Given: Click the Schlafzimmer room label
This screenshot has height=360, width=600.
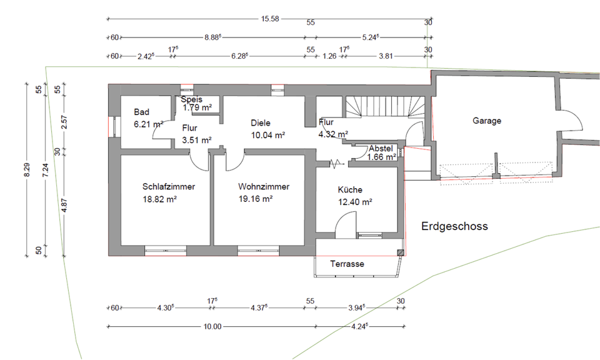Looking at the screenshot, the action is [x=169, y=187].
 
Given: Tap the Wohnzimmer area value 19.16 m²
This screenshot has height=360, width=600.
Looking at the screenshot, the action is [x=256, y=199].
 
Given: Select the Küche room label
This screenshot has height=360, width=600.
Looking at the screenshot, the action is [x=350, y=190].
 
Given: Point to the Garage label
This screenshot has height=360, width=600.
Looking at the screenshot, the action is [x=487, y=121].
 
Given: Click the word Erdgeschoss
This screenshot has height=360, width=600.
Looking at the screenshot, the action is [x=454, y=226].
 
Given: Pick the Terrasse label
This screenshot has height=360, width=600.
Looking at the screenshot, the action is [x=347, y=264].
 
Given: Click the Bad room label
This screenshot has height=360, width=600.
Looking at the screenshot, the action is [x=142, y=112].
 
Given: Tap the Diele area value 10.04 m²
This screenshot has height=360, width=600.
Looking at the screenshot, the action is [x=268, y=136].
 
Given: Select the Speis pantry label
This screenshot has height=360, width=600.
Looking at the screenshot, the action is [x=192, y=99].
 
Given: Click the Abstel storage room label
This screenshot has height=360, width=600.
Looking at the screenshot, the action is [x=381, y=149].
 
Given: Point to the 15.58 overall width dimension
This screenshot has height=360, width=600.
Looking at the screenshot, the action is [x=270, y=19].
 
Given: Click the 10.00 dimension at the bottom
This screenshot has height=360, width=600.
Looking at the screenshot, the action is [x=212, y=327].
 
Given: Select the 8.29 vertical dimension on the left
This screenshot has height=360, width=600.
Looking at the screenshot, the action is [x=26, y=170].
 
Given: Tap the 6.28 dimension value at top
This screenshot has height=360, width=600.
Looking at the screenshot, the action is [x=239, y=56].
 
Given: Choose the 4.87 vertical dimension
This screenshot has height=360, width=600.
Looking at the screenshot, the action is [x=64, y=206].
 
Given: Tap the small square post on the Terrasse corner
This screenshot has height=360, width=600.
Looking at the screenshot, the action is [x=400, y=252].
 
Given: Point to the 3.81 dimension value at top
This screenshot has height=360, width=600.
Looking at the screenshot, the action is [x=386, y=56].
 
